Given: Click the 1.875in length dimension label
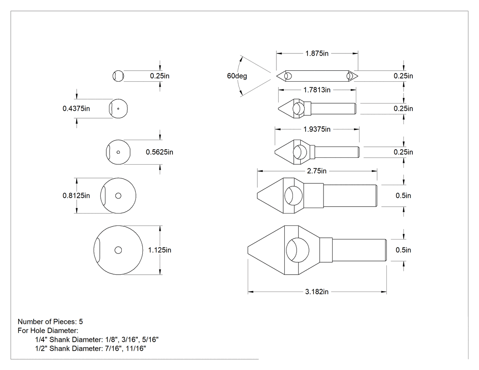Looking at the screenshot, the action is (x=317, y=53).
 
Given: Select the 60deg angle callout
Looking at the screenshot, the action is (x=237, y=76).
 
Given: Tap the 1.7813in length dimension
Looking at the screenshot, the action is (x=317, y=90).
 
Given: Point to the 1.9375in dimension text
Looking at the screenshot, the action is (x=317, y=129).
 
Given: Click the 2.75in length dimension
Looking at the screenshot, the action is (x=317, y=171).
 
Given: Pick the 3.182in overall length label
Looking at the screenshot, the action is (x=317, y=292).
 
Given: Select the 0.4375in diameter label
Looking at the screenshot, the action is (x=76, y=109).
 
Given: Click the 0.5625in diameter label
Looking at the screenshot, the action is (x=160, y=152).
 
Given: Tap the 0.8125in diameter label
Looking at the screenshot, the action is (x=76, y=196).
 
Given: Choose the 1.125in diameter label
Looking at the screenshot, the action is (x=160, y=250).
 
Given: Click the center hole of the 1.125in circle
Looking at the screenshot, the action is (x=118, y=250).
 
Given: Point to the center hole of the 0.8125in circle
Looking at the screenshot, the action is (x=118, y=196).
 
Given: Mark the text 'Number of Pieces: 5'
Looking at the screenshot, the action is (x=50, y=322).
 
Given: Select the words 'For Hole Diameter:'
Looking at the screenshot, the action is (x=48, y=331).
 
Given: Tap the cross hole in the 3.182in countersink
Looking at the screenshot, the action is (x=297, y=250).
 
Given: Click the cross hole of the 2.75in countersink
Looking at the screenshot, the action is (x=294, y=196).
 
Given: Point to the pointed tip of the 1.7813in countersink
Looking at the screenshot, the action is (x=278, y=109).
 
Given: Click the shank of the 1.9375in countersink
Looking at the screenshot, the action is (x=337, y=152).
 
